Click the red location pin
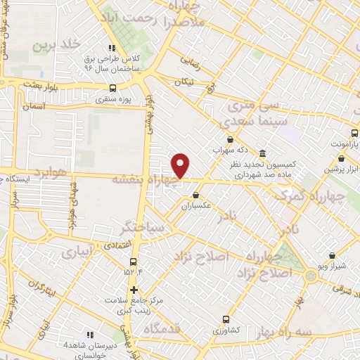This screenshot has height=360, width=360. [181, 165]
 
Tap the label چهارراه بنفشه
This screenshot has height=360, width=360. [146, 179]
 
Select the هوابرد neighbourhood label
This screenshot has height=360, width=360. [51, 172]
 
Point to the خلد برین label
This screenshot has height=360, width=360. [51, 45]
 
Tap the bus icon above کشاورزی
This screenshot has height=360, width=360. [226, 319]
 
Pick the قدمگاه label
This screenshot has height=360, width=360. [162, 328]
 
